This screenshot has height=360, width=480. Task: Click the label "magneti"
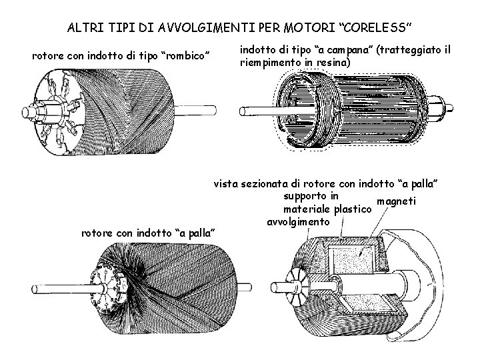[397, 202]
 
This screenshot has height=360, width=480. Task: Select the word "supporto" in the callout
[305, 196]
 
